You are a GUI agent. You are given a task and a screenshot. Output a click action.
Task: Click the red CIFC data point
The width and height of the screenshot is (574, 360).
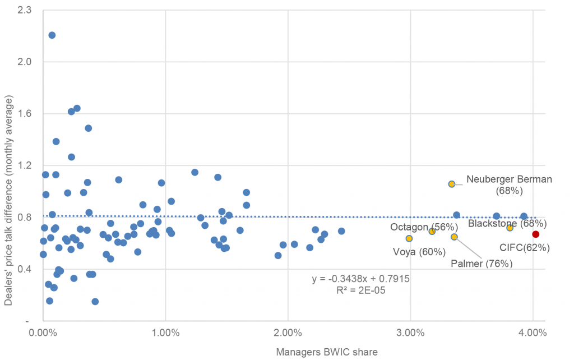(x=536, y=234)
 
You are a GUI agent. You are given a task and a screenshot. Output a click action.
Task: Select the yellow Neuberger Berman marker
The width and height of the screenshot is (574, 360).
(x=452, y=184)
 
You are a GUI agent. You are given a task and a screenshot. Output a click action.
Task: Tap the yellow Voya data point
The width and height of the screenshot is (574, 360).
(x=409, y=238)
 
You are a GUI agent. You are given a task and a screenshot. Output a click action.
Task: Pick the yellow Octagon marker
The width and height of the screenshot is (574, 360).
(x=432, y=232)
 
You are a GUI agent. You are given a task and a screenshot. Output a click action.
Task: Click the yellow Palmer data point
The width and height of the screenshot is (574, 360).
(x=454, y=237)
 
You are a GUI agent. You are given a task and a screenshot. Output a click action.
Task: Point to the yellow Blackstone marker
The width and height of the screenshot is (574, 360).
(x=510, y=228)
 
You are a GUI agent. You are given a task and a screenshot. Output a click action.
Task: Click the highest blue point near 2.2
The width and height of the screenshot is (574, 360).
(x=52, y=35)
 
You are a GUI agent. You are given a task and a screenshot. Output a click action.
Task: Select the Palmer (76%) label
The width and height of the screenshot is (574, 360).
(x=482, y=264)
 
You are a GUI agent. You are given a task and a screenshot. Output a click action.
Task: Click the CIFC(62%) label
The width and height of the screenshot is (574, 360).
(x=524, y=247)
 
